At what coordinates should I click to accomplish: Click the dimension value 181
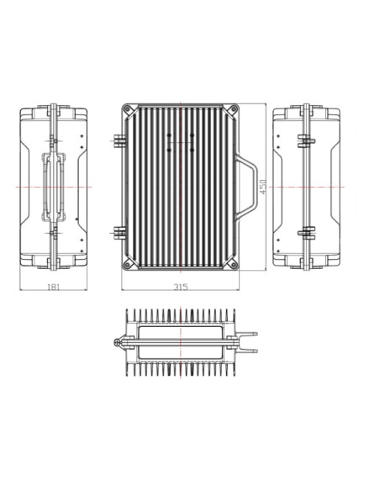click(54, 287)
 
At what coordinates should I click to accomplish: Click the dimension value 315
click(180, 287)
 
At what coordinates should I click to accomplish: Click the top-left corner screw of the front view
click(128, 109)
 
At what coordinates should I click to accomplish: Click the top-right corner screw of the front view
click(234, 109)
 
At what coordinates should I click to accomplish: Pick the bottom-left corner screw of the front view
click(128, 263)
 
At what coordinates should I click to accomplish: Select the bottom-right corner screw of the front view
click(234, 263)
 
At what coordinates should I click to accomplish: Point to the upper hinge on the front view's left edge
click(117, 140)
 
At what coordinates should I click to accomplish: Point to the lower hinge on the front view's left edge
click(117, 232)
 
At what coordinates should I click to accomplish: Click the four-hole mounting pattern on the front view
click(181, 141)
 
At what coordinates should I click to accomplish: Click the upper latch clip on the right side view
click(308, 140)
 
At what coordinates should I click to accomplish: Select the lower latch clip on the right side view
click(308, 232)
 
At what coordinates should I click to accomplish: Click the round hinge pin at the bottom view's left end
click(115, 342)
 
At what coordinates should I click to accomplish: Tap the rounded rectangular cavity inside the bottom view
click(178, 342)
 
